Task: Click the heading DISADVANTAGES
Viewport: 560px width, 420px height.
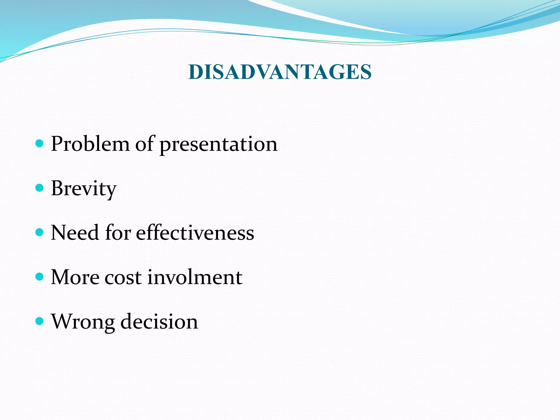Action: (280, 72)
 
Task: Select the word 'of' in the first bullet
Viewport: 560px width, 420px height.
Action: (144, 144)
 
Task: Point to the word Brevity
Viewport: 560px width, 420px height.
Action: (84, 189)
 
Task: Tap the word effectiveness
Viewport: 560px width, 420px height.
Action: (195, 233)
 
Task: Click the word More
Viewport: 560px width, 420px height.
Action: (75, 277)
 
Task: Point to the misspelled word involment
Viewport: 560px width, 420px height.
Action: (195, 277)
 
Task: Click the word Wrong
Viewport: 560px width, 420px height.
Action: (83, 322)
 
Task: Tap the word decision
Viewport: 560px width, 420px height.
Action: (159, 321)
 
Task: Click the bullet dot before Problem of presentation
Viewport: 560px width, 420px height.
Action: (40, 143)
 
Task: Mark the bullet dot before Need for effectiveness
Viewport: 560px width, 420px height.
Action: (40, 232)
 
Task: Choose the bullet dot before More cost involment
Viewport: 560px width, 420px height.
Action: (40, 276)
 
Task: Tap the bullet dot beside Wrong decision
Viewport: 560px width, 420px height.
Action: (40, 321)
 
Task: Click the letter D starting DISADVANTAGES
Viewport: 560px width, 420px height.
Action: (195, 72)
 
